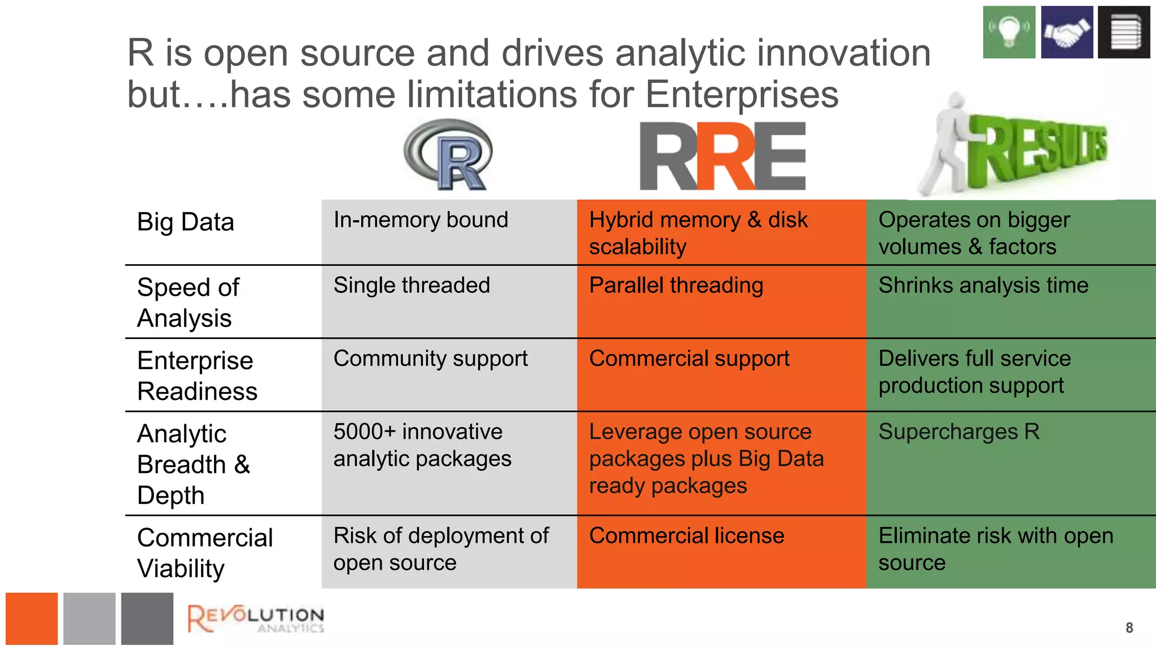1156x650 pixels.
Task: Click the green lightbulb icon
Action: click(1009, 32)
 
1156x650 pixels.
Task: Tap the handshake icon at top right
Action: click(1067, 32)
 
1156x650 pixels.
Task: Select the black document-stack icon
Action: click(1124, 32)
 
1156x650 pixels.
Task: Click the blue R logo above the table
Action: click(449, 155)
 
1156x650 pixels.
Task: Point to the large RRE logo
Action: click(722, 156)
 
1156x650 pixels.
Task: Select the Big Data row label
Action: click(185, 222)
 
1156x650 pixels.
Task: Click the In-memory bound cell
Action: click(421, 219)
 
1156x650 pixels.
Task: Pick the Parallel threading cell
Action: click(676, 285)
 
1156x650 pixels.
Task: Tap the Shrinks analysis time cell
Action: click(983, 285)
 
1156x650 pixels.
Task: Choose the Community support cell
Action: click(430, 358)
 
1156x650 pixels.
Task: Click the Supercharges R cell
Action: click(958, 432)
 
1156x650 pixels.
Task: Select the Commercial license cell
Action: click(686, 535)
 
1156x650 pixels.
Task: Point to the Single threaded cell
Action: click(411, 285)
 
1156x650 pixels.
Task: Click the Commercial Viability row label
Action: click(204, 552)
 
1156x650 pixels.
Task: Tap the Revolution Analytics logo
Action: click(256, 618)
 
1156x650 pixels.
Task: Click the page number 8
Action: click(1129, 628)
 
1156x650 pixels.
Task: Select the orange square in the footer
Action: click(32, 618)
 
